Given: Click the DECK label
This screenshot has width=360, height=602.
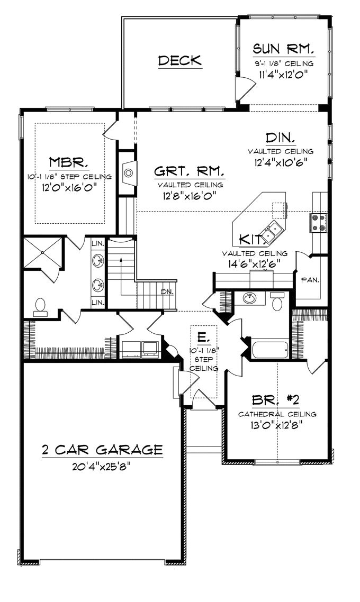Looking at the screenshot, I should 180,60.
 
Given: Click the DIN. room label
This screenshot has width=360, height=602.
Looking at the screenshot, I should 281,138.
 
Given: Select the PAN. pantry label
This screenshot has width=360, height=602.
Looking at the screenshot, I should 310,279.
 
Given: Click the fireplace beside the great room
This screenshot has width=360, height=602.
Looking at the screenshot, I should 128,171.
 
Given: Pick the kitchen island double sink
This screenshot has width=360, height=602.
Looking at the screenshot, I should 274,231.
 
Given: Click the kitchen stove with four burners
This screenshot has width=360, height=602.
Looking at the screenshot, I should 319,223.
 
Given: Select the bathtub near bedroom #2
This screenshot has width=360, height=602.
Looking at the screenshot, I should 270,349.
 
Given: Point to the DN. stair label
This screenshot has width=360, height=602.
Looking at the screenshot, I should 167,292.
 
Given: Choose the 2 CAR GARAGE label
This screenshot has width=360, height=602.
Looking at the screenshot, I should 102,450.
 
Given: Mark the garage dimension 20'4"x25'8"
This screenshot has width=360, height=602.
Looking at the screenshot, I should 102,467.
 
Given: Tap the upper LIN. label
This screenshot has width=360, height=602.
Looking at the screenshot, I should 98,243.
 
